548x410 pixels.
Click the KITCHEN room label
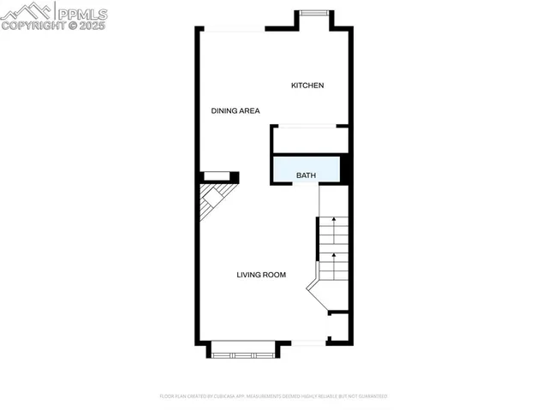307,85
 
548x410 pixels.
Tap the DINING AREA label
235,110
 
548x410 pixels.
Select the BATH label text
306,175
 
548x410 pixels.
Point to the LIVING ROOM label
261,275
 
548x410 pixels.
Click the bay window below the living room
244,350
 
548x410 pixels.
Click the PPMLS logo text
82,13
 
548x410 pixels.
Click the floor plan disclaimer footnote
273,396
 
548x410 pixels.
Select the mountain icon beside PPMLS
26,11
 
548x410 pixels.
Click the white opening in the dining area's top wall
234,30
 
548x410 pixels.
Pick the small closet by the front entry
338,326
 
